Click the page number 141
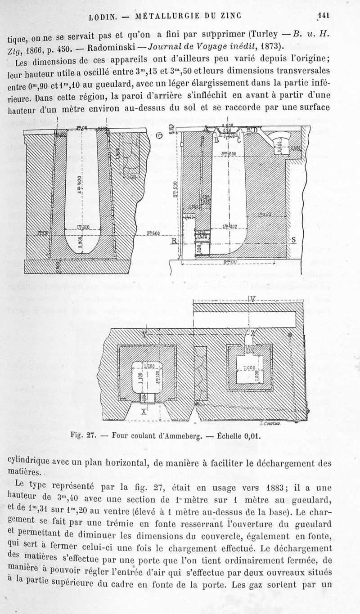point(324,15)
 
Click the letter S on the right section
point(294,240)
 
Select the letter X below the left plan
point(144,410)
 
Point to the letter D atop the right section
point(255,130)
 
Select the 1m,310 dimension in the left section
point(82,227)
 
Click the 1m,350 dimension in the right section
point(264,215)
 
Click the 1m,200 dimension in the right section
point(229,226)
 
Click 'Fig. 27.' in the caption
point(84,435)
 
